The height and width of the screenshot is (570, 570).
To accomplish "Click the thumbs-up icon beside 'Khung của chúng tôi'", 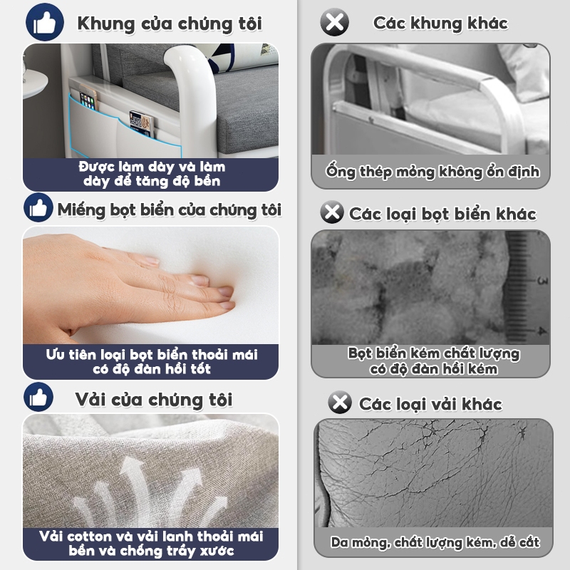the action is click(x=45, y=22).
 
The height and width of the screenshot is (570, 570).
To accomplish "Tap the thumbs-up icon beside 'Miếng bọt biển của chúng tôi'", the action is click(x=38, y=207).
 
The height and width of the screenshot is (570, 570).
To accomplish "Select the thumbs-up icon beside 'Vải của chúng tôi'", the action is click(x=38, y=397).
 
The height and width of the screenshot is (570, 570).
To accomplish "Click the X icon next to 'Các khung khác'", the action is click(x=334, y=22).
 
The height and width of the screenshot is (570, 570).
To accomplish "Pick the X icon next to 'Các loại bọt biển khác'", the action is click(x=332, y=212).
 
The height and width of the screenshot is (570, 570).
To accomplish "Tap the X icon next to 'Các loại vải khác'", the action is click(x=340, y=402).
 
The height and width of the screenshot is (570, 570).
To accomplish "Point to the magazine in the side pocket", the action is click(x=142, y=124).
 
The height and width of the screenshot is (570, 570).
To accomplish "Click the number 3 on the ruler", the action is click(x=543, y=281).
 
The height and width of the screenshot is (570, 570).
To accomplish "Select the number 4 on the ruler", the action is click(x=542, y=331).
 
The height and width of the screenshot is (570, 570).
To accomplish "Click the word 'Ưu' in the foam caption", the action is click(x=53, y=354).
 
